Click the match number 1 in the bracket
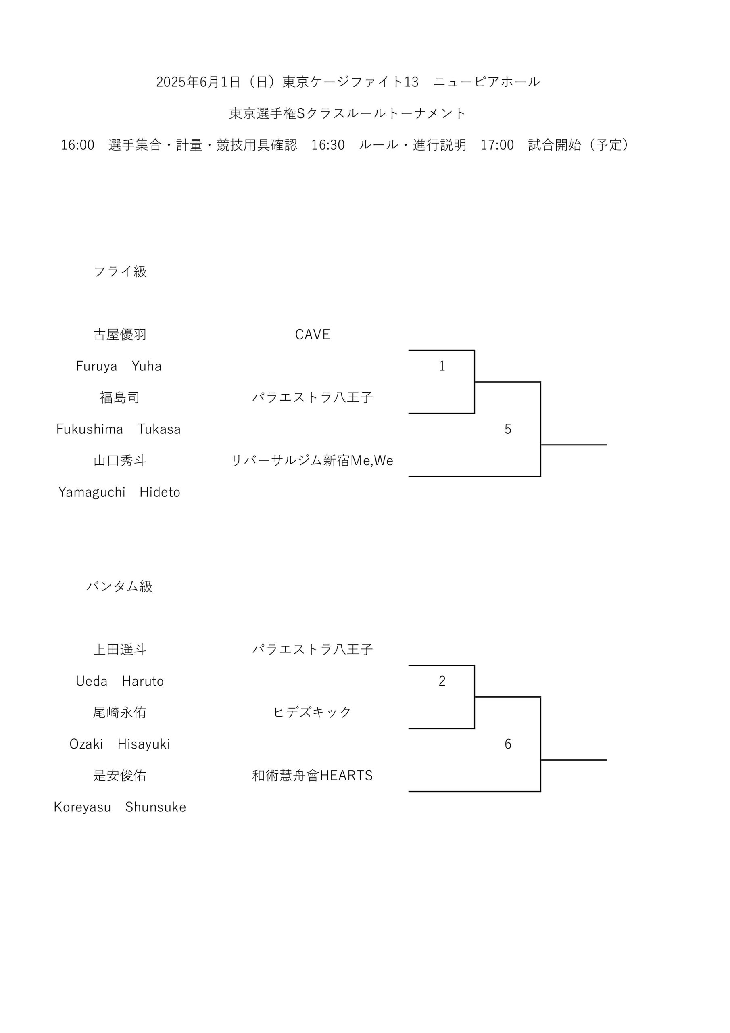point(442,366)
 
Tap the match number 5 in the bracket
point(508,429)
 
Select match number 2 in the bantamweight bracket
point(442,681)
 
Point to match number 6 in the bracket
point(508,744)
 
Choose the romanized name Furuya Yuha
point(119,366)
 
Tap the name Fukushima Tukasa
point(118,429)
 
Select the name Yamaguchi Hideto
point(119,492)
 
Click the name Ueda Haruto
point(120,681)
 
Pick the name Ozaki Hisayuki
point(120,744)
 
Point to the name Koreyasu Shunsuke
point(120,807)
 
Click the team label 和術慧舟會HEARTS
point(313,776)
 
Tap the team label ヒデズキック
point(313,712)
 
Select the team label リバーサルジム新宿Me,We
point(313,461)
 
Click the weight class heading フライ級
point(120,271)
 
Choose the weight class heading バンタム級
point(120,586)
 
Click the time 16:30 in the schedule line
point(328,145)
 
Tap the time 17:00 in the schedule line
point(497,145)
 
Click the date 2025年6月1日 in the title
point(198,82)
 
